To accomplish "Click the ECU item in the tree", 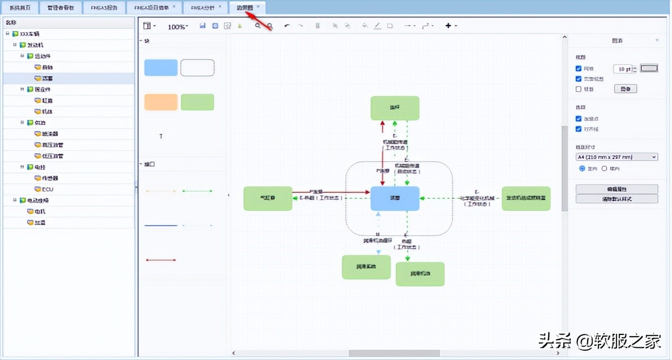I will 48,189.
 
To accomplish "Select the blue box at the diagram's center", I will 395,198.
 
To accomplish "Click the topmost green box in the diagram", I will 395,108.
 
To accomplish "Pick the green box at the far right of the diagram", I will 526,198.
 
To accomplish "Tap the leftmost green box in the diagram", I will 268,198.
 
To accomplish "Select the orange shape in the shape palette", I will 161,102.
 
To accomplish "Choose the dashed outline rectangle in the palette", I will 197,68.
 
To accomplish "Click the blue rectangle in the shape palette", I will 161,68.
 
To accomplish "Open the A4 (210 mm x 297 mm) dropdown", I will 616,157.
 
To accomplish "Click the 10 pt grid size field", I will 623,69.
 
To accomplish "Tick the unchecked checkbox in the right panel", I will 578,89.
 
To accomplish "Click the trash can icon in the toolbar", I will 318,26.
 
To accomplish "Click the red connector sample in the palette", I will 160,260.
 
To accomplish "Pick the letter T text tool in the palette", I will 161,137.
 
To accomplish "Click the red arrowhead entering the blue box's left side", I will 368,193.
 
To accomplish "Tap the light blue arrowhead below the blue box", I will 378,252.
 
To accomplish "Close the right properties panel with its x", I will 657,40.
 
